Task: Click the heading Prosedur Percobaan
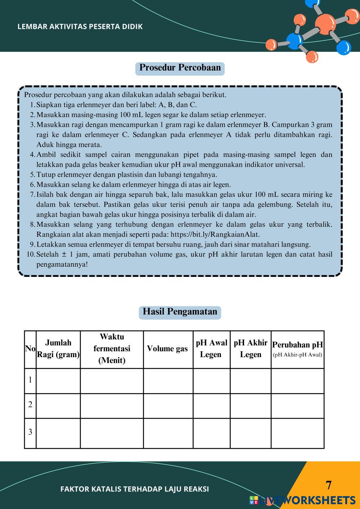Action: tap(180, 68)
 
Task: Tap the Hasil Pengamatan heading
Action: tap(180, 312)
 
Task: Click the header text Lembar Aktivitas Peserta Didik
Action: tap(80, 27)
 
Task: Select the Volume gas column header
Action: tap(167, 349)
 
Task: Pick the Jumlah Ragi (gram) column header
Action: tap(58, 349)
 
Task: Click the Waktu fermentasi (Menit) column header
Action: tap(112, 349)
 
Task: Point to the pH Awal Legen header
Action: tap(211, 349)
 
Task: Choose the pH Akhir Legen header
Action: tap(250, 349)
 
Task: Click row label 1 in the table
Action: tap(30, 380)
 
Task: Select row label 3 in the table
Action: tap(30, 432)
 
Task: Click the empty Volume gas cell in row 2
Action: tap(168, 406)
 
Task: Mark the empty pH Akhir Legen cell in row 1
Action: tap(250, 381)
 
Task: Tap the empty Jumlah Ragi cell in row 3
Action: tap(58, 433)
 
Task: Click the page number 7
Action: tap(328, 485)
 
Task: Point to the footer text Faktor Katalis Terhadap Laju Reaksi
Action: tap(135, 489)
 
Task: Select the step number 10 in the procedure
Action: tap(30, 254)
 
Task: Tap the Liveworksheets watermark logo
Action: tap(302, 500)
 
